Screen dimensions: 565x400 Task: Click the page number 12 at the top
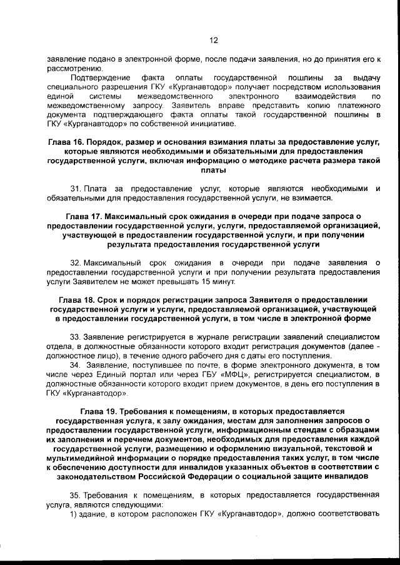tap(213, 41)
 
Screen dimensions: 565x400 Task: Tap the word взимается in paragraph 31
tap(311, 198)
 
